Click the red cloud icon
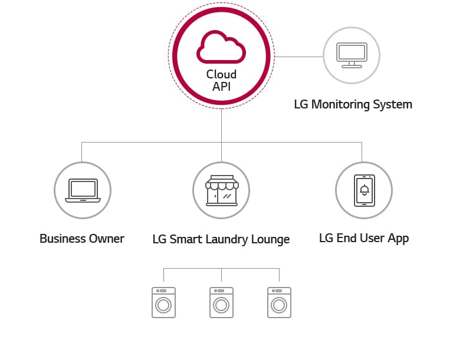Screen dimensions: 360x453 [x=221, y=48]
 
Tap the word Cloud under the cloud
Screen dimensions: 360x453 [x=221, y=75]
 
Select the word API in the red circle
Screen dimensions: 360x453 [x=221, y=87]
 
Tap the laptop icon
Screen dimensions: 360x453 [x=83, y=190]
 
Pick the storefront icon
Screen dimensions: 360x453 [x=221, y=190]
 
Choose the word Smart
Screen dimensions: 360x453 [x=184, y=239]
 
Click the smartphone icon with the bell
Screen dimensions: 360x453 [x=364, y=190]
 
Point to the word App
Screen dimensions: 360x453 [x=398, y=239]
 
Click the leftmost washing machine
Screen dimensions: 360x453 [x=163, y=303]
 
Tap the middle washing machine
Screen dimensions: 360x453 [x=221, y=303]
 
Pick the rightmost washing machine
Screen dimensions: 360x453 [x=279, y=303]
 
